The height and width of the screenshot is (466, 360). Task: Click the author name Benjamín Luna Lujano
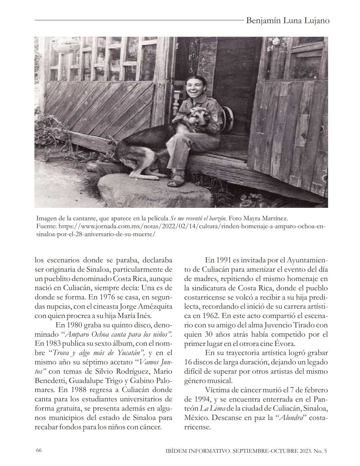[x=288, y=21]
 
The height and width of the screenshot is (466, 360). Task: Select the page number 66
[x=39, y=450]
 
